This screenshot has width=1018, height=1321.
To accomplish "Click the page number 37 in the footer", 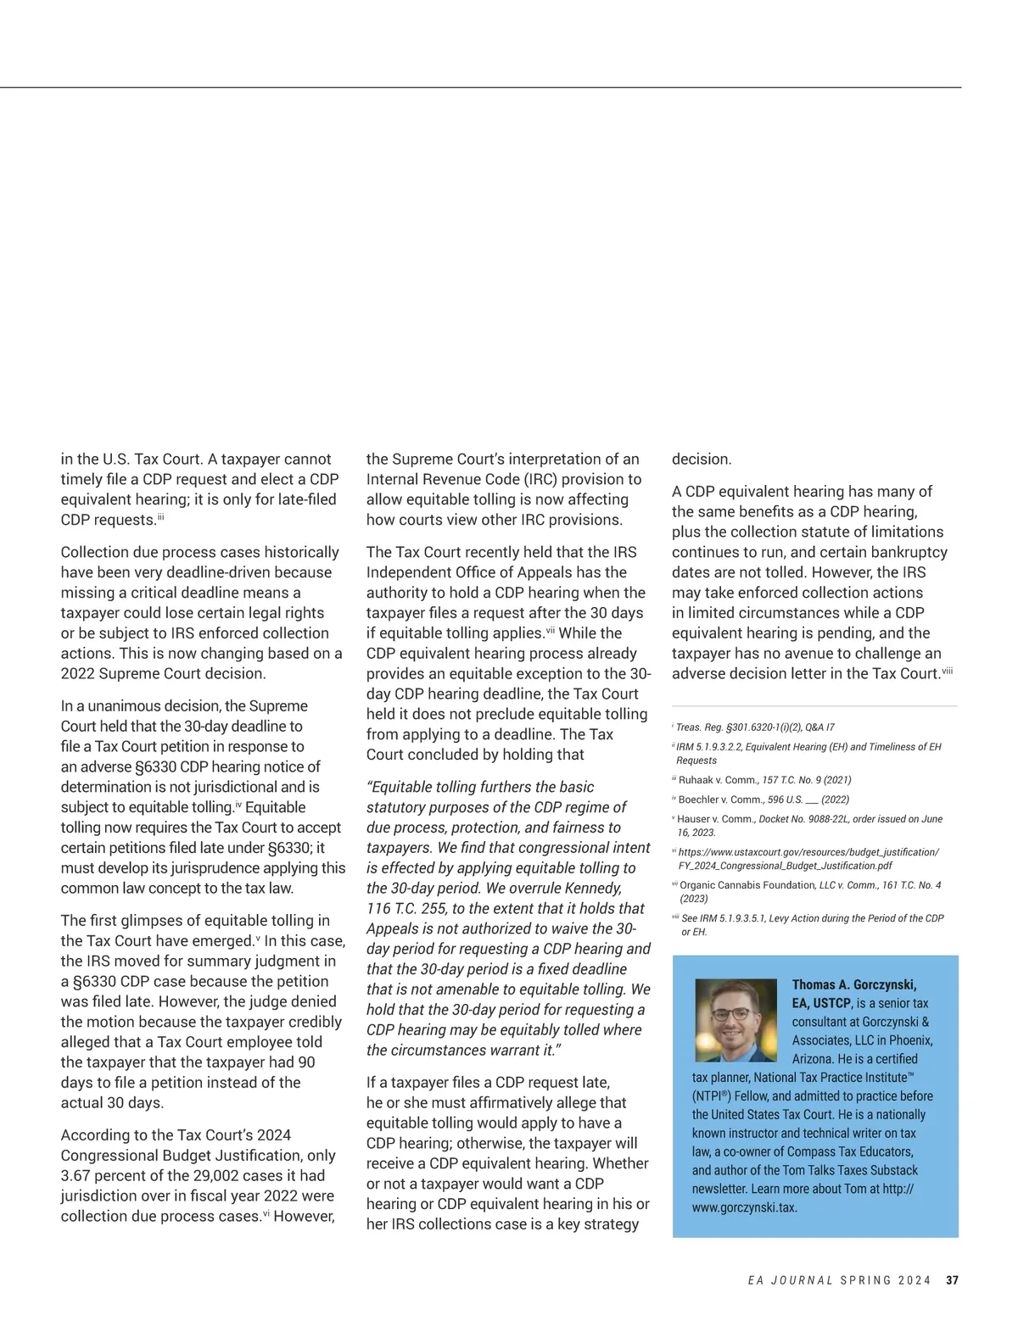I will click(x=952, y=1280).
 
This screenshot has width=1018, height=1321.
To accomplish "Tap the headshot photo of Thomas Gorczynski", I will click(x=736, y=1020).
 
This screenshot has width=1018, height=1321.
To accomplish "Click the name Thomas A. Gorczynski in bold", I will click(x=853, y=984).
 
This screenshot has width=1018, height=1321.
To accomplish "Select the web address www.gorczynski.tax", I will click(x=744, y=1207).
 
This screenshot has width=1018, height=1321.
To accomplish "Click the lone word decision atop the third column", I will click(x=701, y=459).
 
